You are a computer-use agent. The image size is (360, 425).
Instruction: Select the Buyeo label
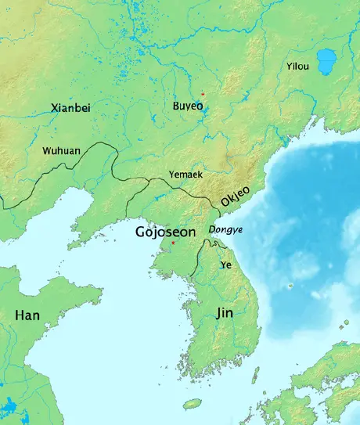(189, 105)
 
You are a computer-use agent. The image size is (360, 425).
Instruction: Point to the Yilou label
(297, 67)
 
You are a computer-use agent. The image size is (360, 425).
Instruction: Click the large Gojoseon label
(167, 232)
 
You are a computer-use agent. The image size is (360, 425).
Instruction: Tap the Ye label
(226, 265)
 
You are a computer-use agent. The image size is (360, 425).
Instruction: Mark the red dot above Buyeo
(202, 94)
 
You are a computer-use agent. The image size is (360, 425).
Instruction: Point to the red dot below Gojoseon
(173, 243)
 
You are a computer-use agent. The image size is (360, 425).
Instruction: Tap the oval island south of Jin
(192, 404)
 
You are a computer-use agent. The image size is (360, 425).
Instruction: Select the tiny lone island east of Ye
(290, 286)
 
